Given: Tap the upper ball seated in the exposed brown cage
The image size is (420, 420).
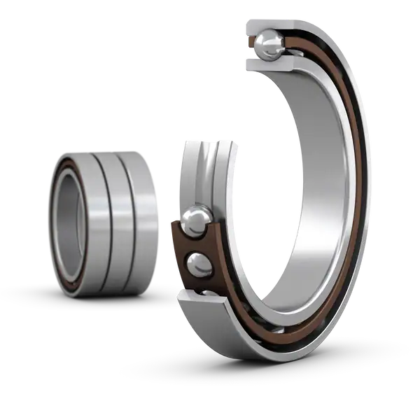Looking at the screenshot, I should point(195,222).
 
